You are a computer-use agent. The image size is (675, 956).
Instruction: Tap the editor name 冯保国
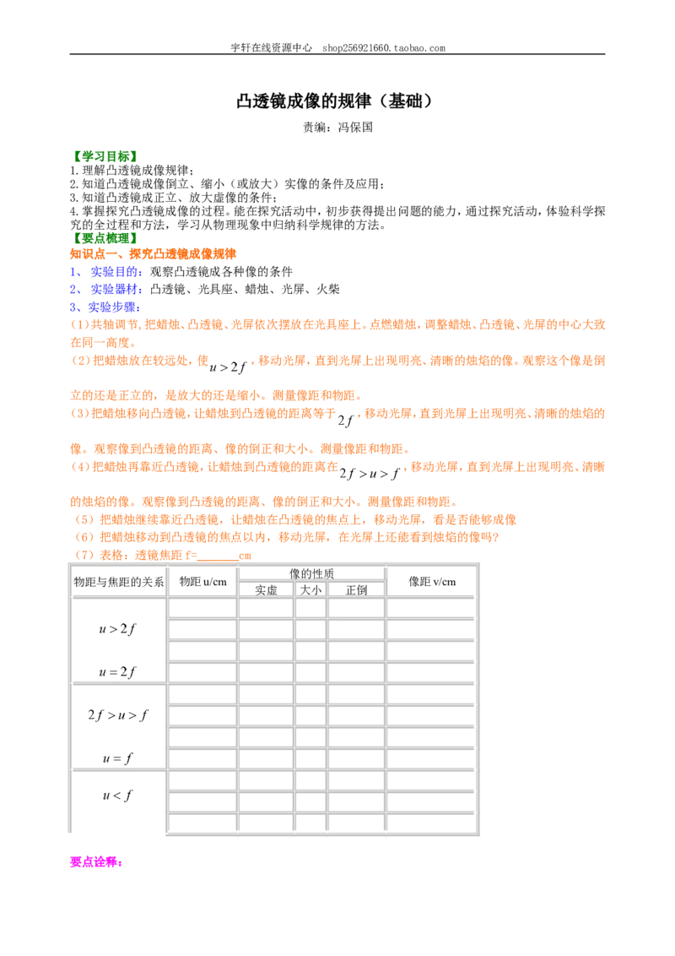(355, 128)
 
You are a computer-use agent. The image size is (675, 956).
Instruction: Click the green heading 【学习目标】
(104, 157)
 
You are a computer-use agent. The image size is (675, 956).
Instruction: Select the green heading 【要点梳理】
(104, 238)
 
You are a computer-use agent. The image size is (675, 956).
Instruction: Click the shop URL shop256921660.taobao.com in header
(384, 48)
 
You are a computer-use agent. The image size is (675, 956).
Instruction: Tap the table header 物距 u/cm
(202, 582)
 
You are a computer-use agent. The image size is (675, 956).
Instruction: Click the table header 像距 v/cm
(432, 582)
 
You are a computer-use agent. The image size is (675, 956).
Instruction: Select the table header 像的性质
(311, 573)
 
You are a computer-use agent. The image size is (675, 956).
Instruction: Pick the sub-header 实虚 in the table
(267, 590)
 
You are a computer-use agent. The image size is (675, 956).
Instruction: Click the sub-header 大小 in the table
(310, 590)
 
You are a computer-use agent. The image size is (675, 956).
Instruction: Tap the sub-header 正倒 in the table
(356, 590)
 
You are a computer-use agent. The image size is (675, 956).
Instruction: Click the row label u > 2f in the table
(117, 628)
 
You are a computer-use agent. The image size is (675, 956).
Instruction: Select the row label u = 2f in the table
(117, 672)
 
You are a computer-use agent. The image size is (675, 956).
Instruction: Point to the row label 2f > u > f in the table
(117, 714)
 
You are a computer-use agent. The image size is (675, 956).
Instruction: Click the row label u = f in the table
(117, 758)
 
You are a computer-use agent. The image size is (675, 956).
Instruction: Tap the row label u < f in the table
(117, 795)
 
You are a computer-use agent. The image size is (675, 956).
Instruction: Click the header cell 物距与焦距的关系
(119, 582)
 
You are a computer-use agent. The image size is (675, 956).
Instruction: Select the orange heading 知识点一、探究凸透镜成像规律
(153, 254)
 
